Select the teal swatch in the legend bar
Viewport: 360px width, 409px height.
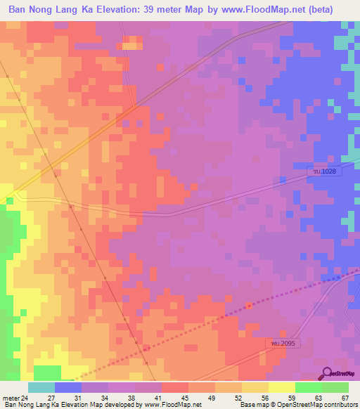(41, 387)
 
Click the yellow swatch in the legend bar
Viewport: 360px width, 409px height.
(282, 387)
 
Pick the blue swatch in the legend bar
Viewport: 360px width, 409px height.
(68, 387)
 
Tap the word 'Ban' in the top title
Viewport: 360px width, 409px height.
(18, 10)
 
